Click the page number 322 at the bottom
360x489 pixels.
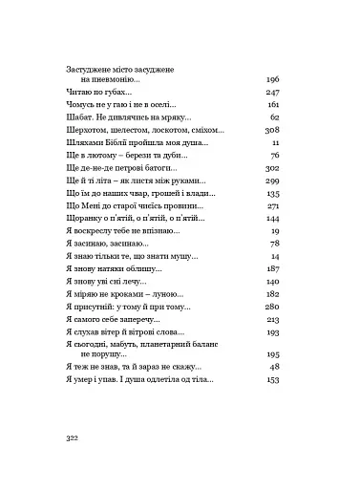tap(76, 435)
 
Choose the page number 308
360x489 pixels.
tap(269, 129)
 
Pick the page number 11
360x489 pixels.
tap(274, 141)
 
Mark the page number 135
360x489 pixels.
tap(269, 193)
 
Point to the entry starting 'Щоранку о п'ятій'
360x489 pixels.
tap(133, 219)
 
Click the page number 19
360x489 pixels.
tap(273, 231)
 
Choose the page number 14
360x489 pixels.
tap(273, 257)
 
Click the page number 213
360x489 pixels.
tap(269, 321)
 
